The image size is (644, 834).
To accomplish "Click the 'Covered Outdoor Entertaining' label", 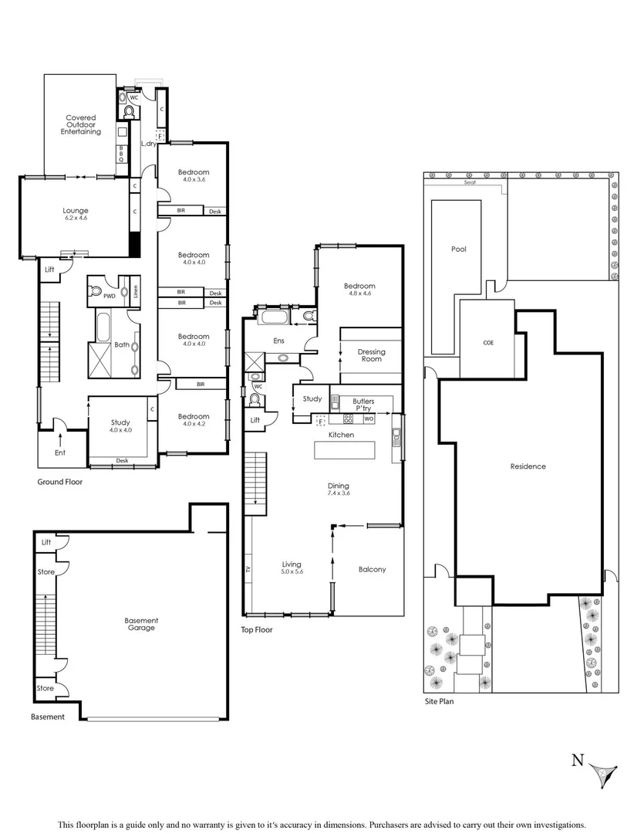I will [81, 124].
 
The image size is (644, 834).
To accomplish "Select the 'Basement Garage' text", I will [141, 624].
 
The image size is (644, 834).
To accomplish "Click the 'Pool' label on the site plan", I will [459, 249].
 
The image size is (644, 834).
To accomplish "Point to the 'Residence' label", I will [528, 466].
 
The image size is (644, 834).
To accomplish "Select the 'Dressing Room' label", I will [371, 356].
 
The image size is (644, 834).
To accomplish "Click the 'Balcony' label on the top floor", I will [372, 570].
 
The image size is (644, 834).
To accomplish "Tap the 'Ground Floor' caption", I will [60, 482].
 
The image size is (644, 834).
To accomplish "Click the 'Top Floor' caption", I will [257, 629].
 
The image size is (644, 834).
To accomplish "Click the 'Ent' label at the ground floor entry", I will [59, 454].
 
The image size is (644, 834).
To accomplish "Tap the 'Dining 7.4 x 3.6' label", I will [339, 489].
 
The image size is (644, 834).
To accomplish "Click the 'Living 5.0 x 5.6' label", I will [292, 569].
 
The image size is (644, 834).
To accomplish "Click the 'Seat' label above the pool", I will [469, 183].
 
